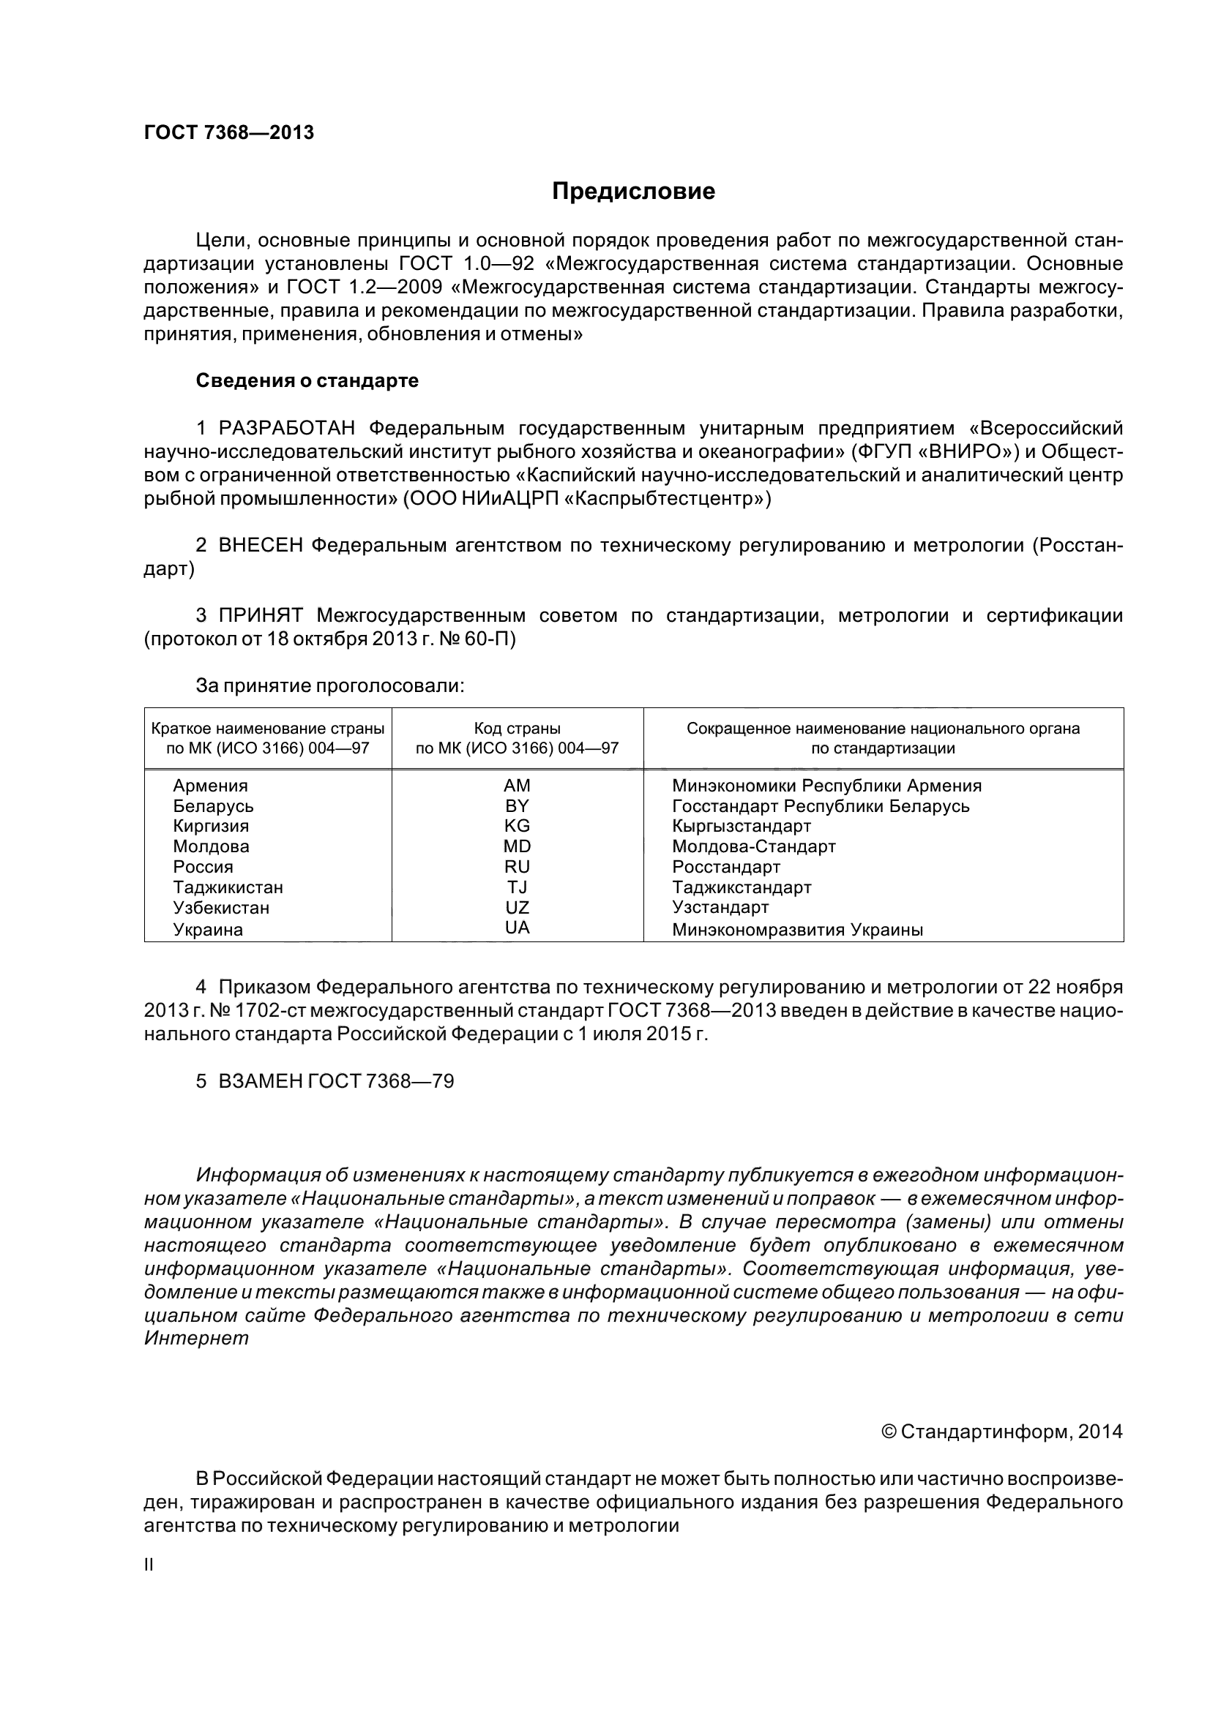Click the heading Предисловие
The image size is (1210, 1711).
coord(633,192)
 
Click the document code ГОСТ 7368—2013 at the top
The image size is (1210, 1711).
coord(229,132)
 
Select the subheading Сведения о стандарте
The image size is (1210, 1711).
coord(307,381)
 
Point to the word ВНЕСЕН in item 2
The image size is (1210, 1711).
coord(261,546)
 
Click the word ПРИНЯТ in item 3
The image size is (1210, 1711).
coord(261,615)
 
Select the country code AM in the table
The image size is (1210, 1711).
coord(517,786)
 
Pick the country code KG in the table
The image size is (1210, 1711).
coord(517,826)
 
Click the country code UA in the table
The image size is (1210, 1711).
coord(517,928)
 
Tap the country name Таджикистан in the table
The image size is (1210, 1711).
coord(228,887)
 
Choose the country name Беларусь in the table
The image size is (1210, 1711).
coord(213,806)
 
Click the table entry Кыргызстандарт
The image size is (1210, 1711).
coord(741,826)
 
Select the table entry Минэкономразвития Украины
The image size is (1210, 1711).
coord(797,930)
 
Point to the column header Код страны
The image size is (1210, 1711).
coord(517,729)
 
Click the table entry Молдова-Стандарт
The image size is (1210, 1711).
coord(754,846)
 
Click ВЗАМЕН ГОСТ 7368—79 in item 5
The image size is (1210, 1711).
coord(335,1081)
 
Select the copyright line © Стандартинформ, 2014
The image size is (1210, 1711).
coord(1001,1432)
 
